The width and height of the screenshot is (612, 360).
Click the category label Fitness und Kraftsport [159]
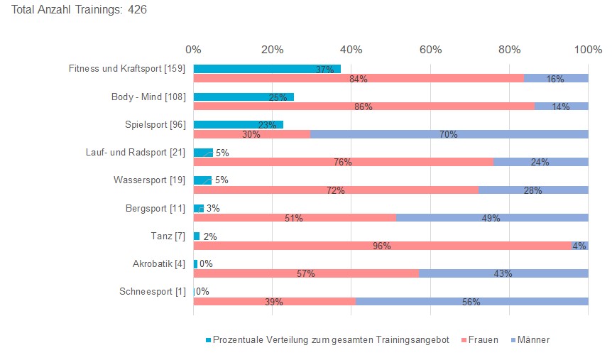pos(127,69)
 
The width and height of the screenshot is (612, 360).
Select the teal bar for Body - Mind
pos(243,97)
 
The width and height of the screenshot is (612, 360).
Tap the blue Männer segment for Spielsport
pos(449,134)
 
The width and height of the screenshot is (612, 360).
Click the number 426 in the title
pos(137,11)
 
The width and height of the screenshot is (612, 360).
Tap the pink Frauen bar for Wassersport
pos(335,190)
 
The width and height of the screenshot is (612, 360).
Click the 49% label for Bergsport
pos(491,218)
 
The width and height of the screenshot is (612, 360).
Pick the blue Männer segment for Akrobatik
pos(503,273)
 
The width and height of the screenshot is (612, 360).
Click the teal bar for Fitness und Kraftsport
pos(266,69)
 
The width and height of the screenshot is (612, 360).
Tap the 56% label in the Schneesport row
pos(471,302)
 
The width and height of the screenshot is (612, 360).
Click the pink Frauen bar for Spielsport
pos(251,134)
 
